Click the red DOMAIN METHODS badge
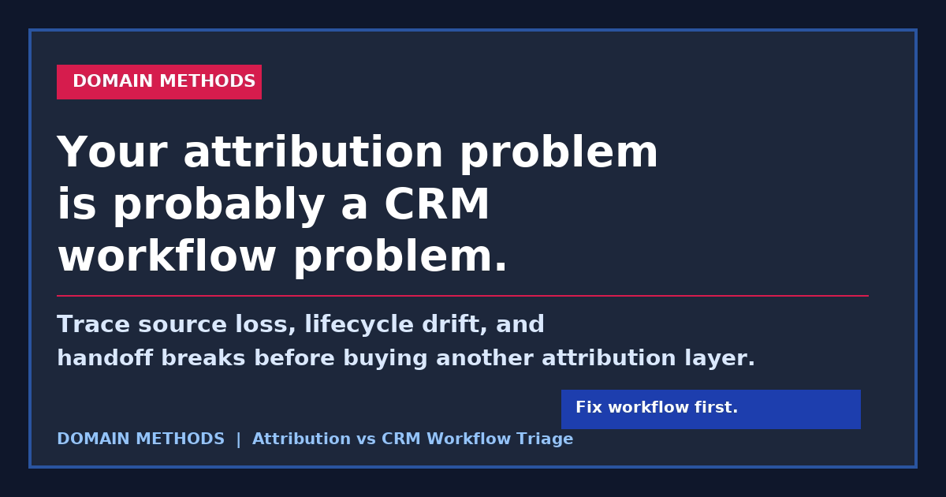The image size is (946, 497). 159,82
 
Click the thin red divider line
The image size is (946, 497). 462,296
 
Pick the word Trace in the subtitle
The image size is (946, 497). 85,325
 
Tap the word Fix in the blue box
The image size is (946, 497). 588,408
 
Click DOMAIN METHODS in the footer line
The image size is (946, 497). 140,439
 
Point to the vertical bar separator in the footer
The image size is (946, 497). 238,439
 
